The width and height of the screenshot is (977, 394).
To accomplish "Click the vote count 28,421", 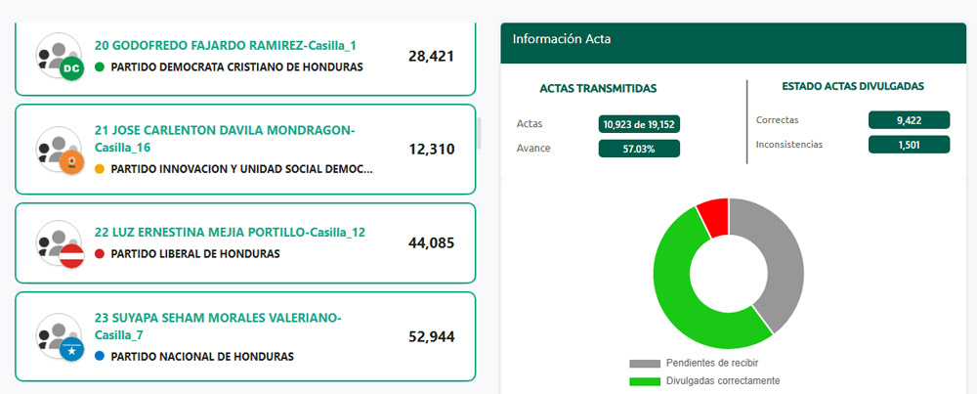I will (x=431, y=57).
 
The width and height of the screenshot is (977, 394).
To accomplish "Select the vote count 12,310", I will (x=431, y=150).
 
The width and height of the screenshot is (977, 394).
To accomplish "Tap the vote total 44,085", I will (x=431, y=243).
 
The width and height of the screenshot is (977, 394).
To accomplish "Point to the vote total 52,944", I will (x=431, y=337).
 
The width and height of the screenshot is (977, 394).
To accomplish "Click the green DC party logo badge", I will (x=70, y=69).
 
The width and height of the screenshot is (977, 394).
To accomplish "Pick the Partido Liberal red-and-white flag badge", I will (x=70, y=256).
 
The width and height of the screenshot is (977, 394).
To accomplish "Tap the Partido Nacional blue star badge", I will (x=70, y=350).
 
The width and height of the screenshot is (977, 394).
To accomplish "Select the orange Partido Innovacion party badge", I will (x=70, y=163).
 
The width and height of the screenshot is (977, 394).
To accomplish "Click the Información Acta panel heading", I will (x=562, y=39).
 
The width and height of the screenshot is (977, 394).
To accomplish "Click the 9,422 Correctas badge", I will (x=909, y=120).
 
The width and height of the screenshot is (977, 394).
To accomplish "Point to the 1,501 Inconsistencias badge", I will (x=909, y=145).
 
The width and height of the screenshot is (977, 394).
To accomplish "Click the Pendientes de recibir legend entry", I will (x=699, y=364).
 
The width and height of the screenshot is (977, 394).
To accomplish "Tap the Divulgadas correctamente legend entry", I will (x=708, y=380).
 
